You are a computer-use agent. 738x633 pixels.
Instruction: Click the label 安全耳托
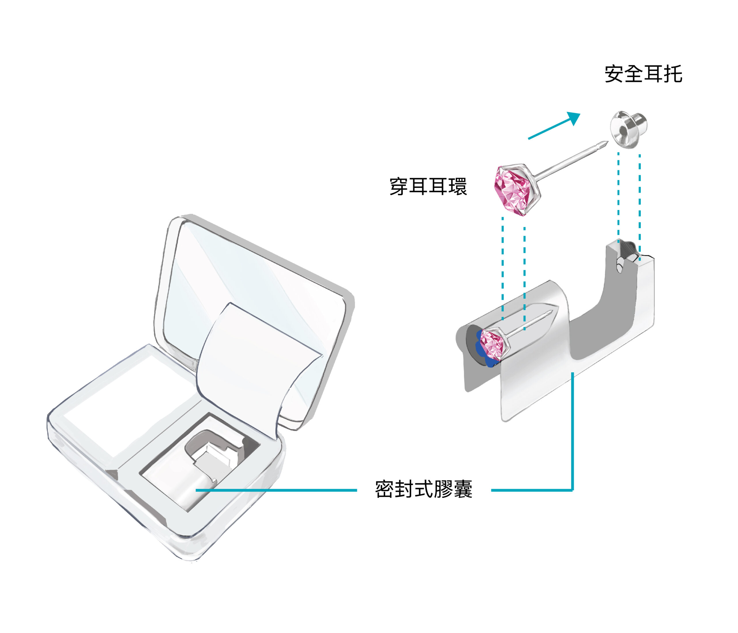pos(643,74)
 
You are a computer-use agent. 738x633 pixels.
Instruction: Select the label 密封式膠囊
pos(424,489)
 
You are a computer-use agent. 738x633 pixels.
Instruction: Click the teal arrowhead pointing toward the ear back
pos(574,119)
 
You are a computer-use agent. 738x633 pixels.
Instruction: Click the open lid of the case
pos(255,296)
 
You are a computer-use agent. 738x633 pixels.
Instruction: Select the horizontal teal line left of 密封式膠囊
pos(276,490)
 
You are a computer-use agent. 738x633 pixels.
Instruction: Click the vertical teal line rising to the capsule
pos(572,431)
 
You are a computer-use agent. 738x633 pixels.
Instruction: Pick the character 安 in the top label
pos(614,74)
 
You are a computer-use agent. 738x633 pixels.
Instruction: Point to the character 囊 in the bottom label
pos(463,489)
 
